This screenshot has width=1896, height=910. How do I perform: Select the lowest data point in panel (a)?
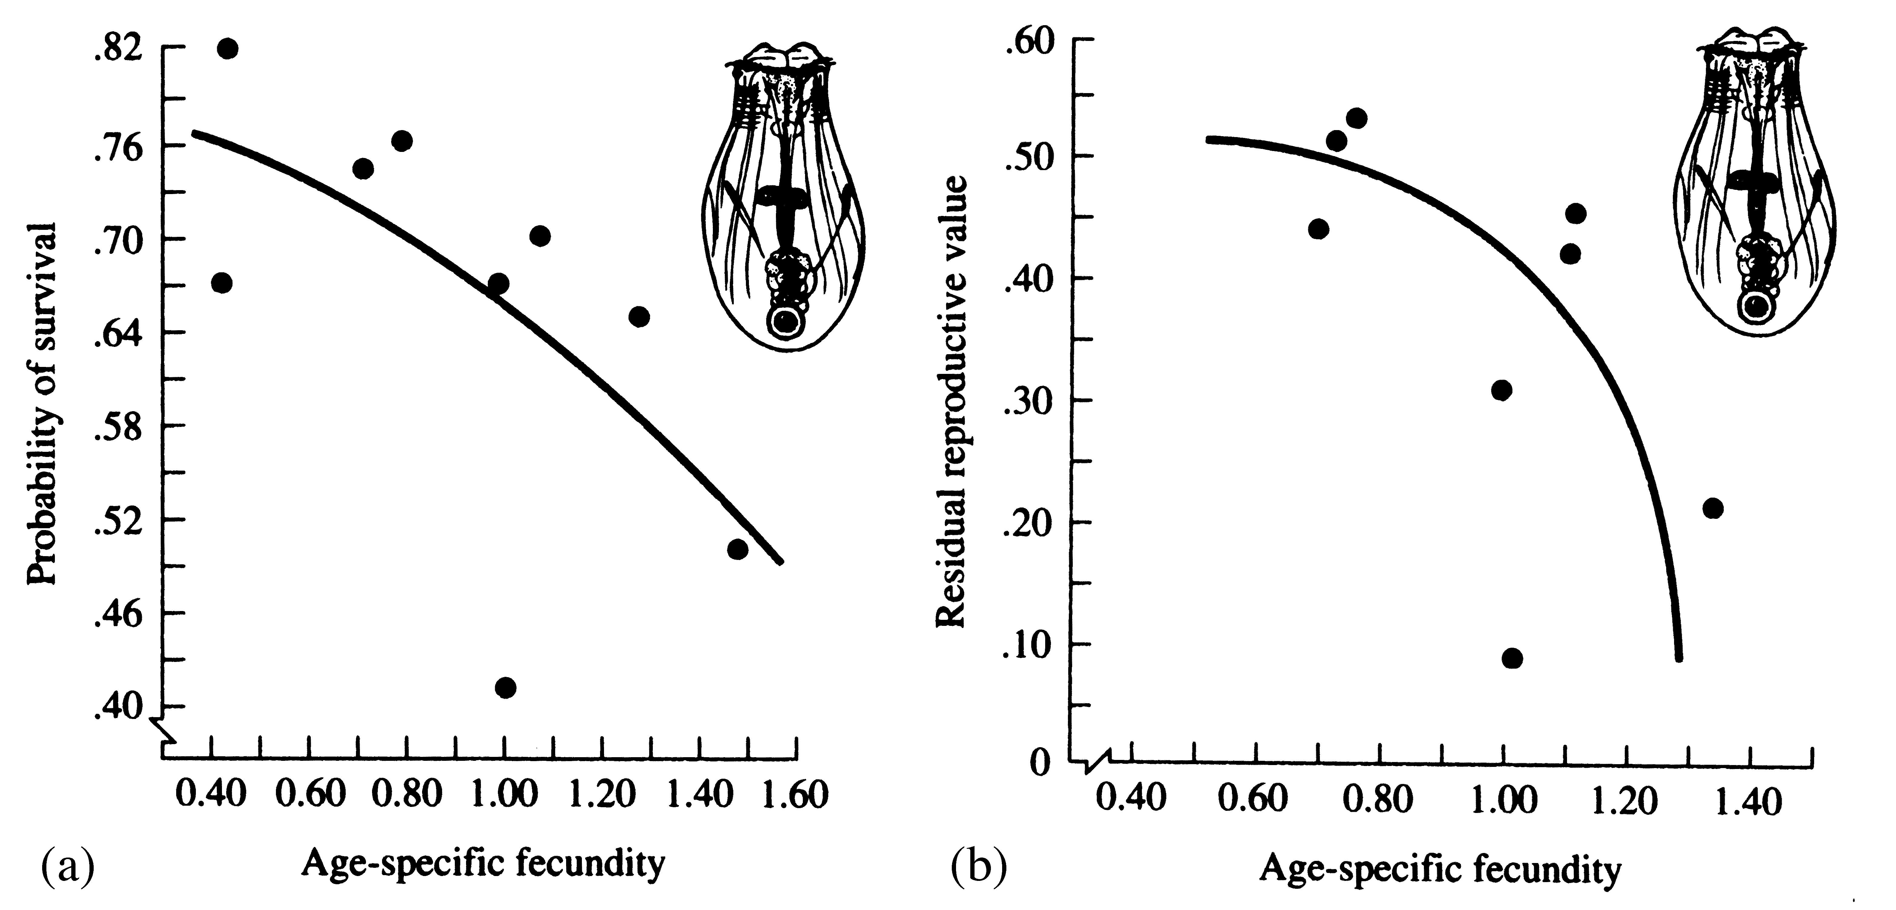tap(506, 688)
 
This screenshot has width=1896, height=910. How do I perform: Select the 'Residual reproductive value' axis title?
tap(951, 401)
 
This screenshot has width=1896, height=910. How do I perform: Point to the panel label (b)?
tap(978, 869)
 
